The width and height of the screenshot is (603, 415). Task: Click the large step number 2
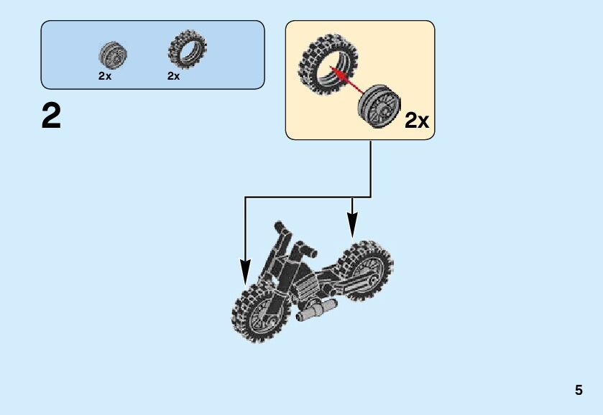[x=51, y=116]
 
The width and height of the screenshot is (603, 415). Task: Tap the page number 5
[x=579, y=391]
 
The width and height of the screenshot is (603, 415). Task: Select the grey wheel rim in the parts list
[x=113, y=54]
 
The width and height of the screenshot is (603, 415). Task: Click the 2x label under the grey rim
[x=105, y=76]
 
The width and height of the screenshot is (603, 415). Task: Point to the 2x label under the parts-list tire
[x=173, y=76]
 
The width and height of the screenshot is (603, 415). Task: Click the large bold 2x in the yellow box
[x=416, y=121]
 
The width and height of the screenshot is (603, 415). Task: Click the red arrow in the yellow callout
[x=347, y=78]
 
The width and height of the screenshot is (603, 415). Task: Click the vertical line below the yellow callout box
[x=371, y=168]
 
